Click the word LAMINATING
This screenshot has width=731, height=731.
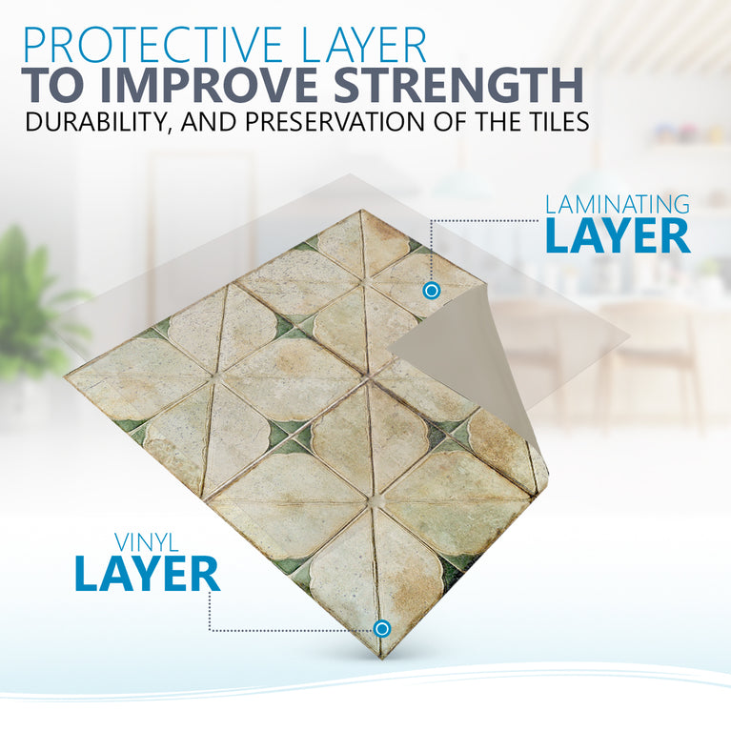[617, 204]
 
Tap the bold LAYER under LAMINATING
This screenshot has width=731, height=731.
[617, 236]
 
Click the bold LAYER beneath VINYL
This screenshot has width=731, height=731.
[148, 574]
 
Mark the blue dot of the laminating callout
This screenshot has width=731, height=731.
[431, 290]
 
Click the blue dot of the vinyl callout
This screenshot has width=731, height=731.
[382, 628]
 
